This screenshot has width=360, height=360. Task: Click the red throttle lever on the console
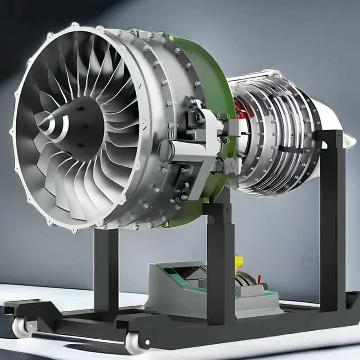pyautogui.click(x=260, y=279)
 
